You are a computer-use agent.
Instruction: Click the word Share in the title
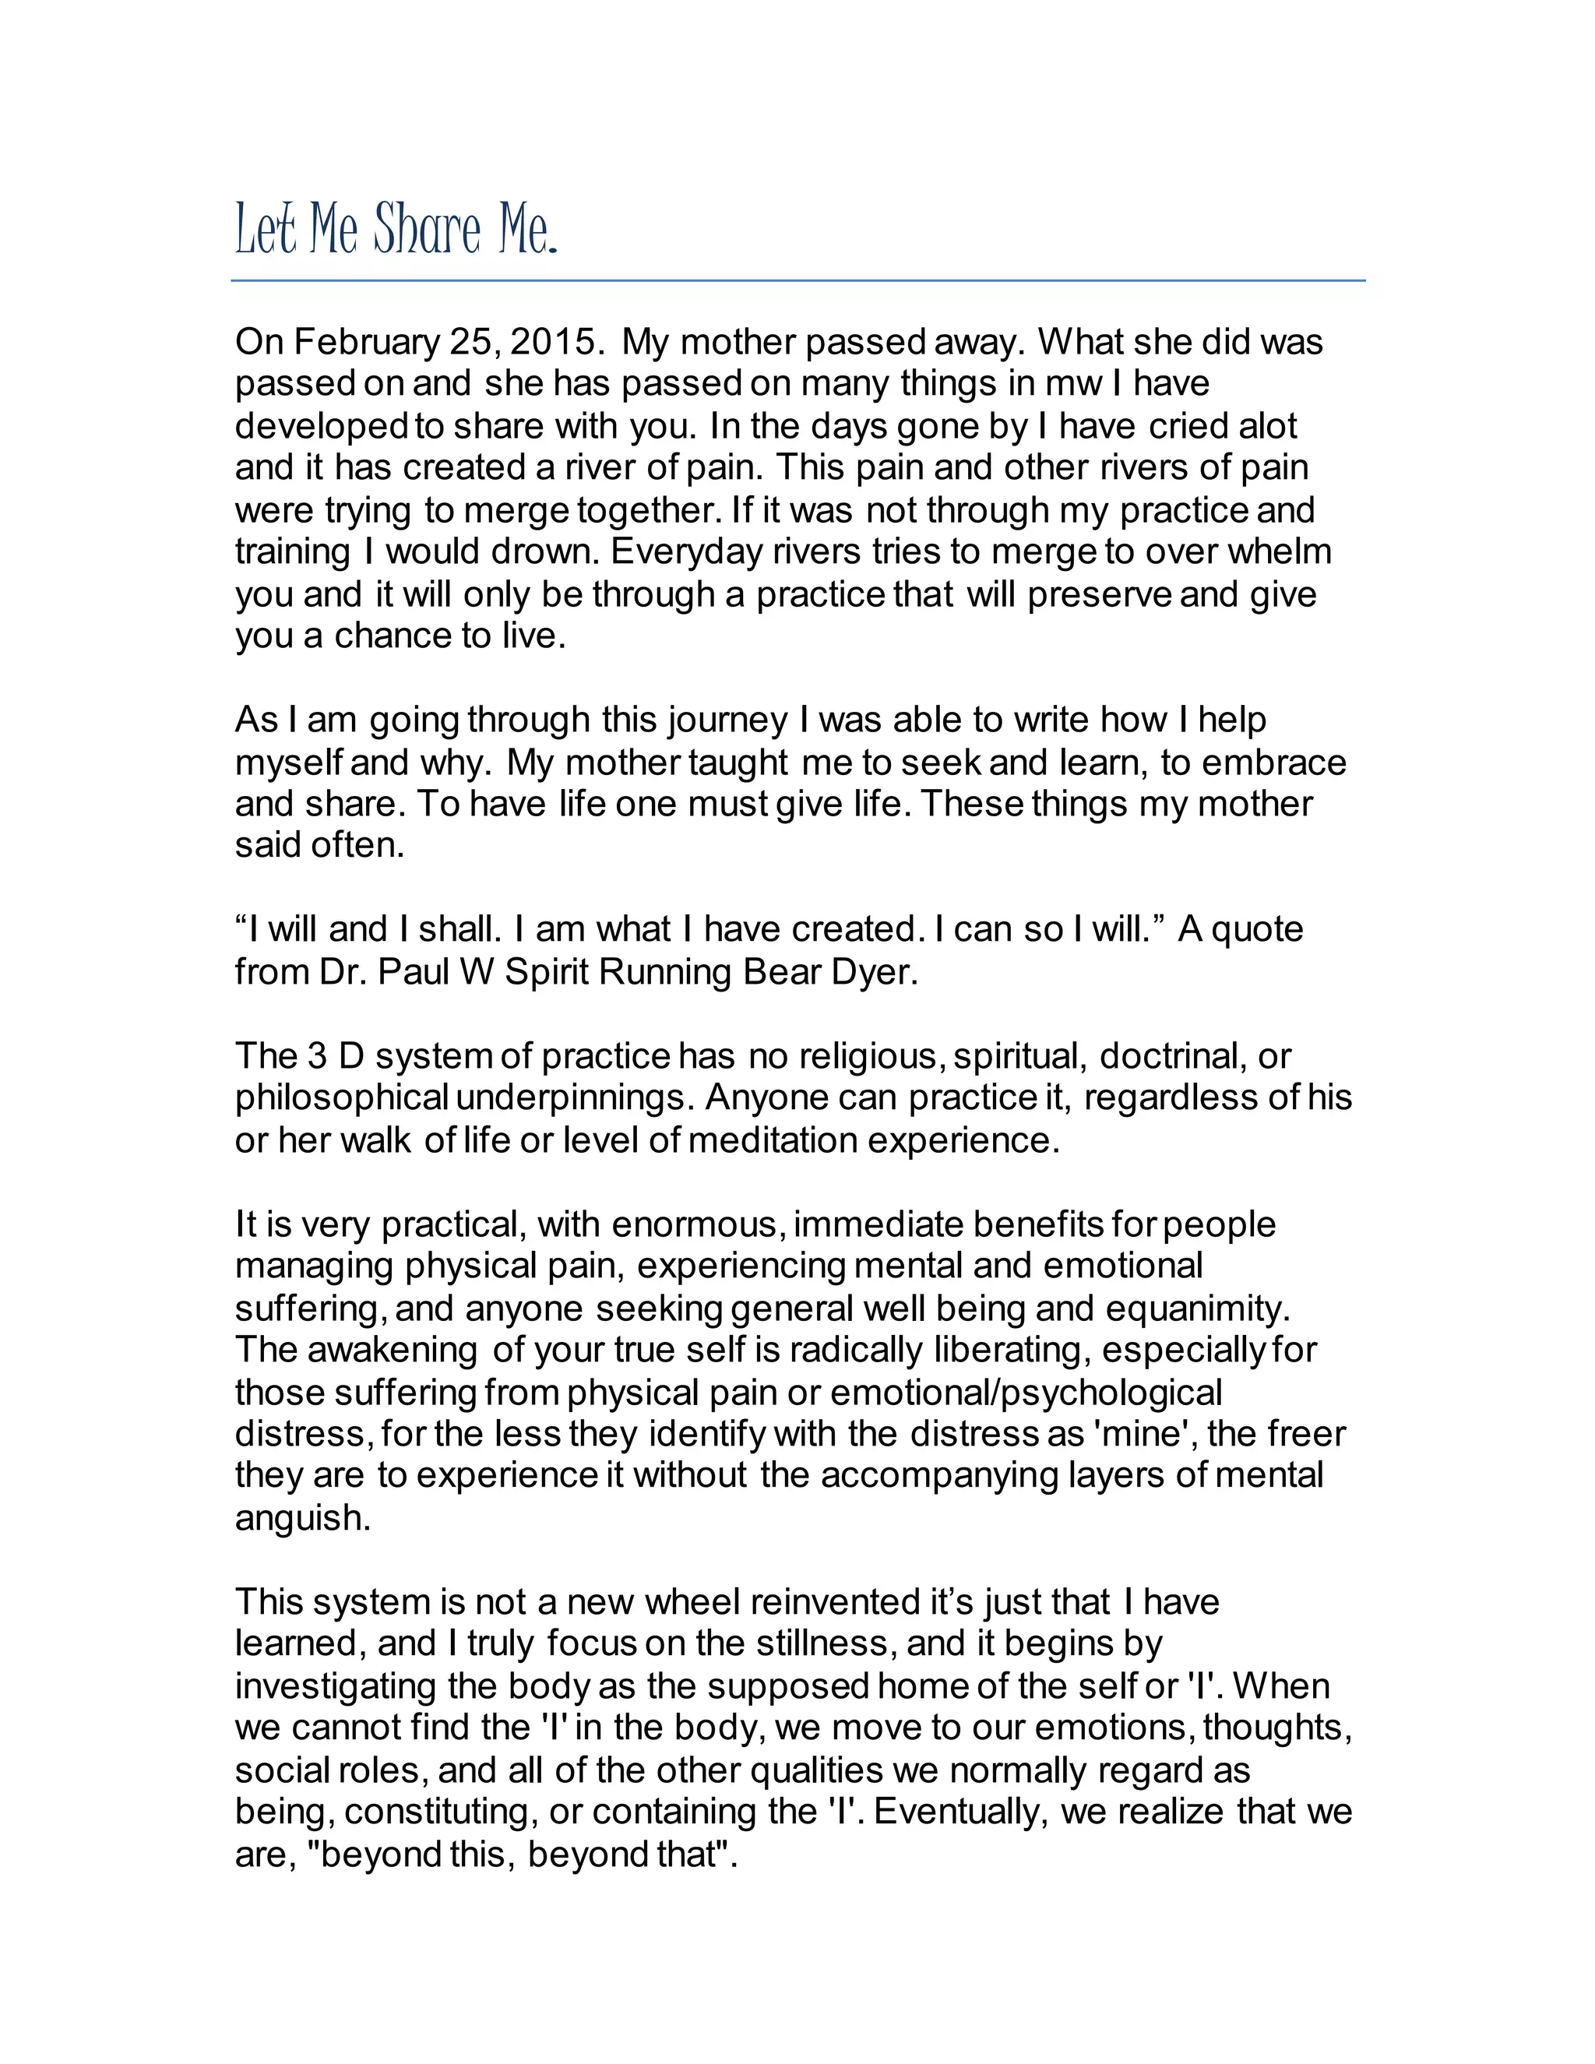pyautogui.click(x=426, y=230)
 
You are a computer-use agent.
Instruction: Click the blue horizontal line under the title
pyautogui.click(x=797, y=280)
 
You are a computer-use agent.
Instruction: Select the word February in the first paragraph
pyautogui.click(x=367, y=342)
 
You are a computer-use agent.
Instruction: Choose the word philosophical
pyautogui.click(x=341, y=1098)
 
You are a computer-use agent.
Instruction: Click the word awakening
pyautogui.click(x=393, y=1351)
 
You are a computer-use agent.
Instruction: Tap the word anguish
pyautogui.click(x=302, y=1519)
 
